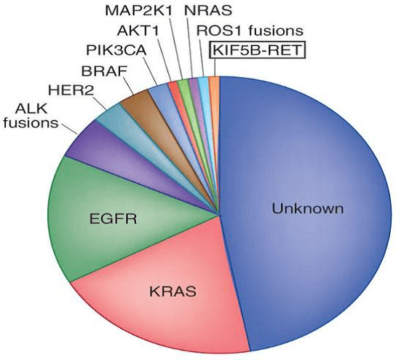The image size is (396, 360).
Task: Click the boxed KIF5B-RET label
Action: [258, 50]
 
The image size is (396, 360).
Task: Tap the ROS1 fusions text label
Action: [250, 31]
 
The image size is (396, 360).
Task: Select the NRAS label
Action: [208, 11]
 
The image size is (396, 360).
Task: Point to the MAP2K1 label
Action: [139, 11]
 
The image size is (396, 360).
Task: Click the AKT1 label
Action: [138, 31]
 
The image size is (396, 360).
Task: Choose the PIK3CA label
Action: [116, 50]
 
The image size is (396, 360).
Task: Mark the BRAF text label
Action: [104, 71]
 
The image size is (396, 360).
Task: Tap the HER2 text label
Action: [71, 90]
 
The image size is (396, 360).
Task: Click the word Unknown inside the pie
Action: [308, 209]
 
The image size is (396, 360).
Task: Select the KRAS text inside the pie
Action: [173, 291]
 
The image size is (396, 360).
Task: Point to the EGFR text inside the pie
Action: [113, 219]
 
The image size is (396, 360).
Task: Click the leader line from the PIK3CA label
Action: [151, 71]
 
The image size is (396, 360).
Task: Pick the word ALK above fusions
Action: [31, 109]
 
